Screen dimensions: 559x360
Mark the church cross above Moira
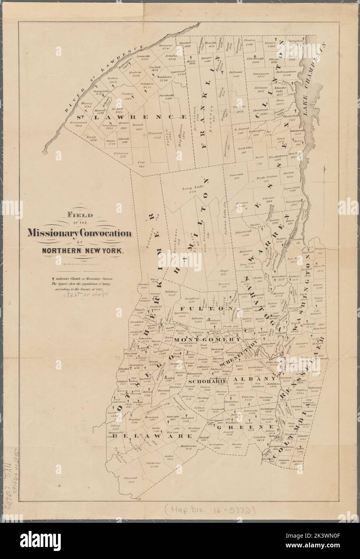click(x=192, y=57)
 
